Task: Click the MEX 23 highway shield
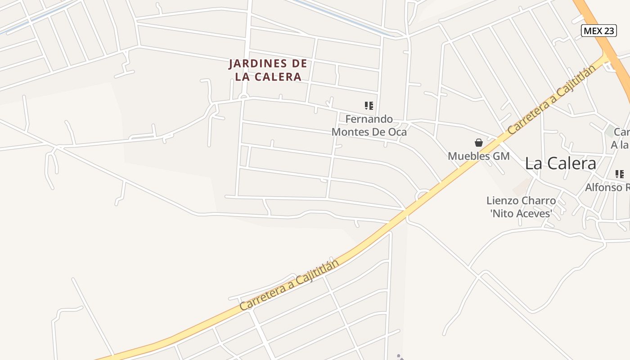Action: pyautogui.click(x=598, y=31)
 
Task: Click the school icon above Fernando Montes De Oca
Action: pyautogui.click(x=369, y=106)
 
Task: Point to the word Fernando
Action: pyautogui.click(x=369, y=119)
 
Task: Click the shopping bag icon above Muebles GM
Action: pyautogui.click(x=479, y=143)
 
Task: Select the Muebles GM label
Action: pyautogui.click(x=478, y=156)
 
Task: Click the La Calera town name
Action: pyautogui.click(x=560, y=163)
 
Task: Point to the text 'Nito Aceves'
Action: pyautogui.click(x=521, y=213)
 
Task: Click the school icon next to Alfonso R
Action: pyautogui.click(x=620, y=174)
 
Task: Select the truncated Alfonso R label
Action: pyautogui.click(x=607, y=187)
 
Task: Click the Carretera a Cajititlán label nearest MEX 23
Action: pyautogui.click(x=551, y=99)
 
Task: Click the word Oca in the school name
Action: pyautogui.click(x=397, y=132)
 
